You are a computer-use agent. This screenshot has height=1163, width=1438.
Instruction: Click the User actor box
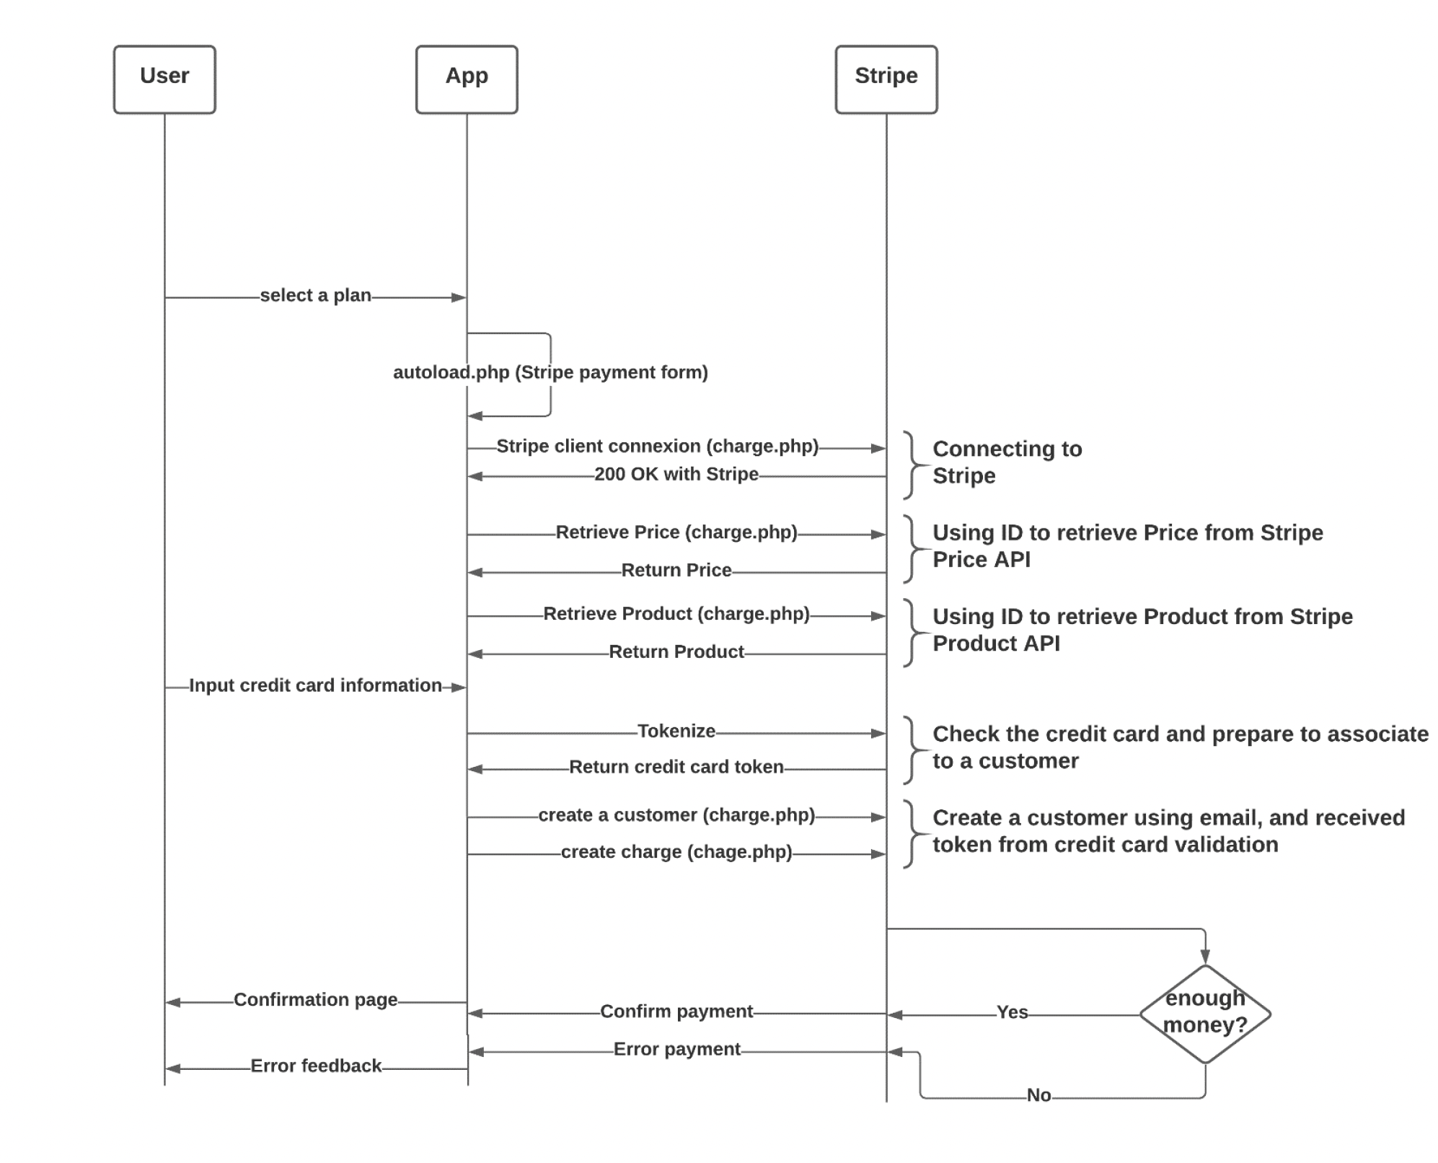tap(164, 79)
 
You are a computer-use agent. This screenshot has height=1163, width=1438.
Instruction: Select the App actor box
tap(467, 79)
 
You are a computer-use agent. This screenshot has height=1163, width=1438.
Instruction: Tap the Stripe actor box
tap(886, 79)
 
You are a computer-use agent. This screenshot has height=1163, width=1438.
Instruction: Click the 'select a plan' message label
tap(315, 296)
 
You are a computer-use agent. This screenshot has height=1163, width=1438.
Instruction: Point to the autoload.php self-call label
tap(550, 372)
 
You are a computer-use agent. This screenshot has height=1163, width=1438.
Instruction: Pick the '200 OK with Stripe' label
tap(676, 475)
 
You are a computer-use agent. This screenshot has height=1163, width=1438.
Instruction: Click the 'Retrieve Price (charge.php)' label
tap(676, 532)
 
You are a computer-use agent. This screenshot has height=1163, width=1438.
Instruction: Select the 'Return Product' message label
tap(676, 652)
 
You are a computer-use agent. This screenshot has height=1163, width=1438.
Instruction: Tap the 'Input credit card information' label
tap(315, 685)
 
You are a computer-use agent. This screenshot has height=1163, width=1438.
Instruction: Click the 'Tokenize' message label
tap(676, 732)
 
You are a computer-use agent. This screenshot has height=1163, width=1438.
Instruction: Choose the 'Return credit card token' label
tap(676, 767)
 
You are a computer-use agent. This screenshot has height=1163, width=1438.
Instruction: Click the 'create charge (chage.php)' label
tap(676, 852)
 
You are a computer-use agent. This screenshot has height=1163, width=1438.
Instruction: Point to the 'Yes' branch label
tap(1012, 1012)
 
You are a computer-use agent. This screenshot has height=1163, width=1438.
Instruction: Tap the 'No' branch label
tap(1038, 1095)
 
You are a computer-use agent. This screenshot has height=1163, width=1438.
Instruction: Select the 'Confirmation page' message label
tap(315, 1000)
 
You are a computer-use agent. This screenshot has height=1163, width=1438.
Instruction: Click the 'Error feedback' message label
tap(315, 1066)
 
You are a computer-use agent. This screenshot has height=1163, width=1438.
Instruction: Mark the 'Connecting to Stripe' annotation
tap(1007, 462)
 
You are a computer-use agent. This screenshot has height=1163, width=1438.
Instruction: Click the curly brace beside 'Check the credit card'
tap(912, 750)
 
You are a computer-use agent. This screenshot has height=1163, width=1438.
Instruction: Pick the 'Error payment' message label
tap(676, 1050)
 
